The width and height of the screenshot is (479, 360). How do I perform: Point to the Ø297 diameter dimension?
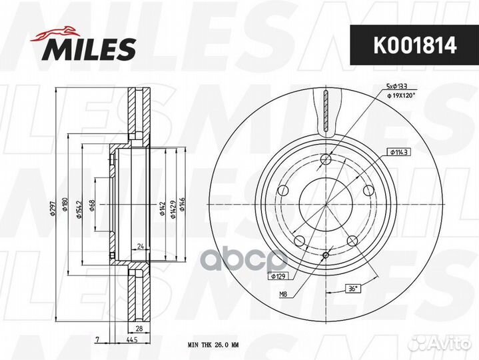click(59, 208)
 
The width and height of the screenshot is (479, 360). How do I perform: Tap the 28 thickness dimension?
click(140, 329)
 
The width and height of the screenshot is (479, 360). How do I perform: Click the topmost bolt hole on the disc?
click(325, 159)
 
